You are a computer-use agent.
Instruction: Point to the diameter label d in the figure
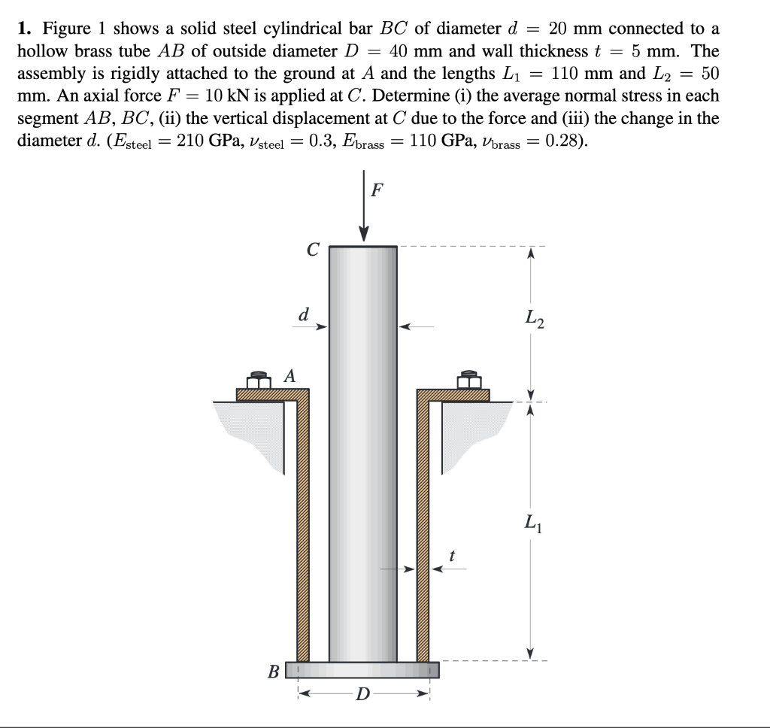tap(302, 314)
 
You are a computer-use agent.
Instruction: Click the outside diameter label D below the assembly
tap(363, 692)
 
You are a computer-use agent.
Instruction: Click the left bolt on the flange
tap(258, 380)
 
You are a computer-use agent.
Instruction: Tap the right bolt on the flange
tap(469, 380)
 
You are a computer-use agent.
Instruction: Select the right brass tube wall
tap(423, 526)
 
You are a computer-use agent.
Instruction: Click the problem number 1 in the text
tap(24, 29)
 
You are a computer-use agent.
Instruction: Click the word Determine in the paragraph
tap(410, 96)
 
